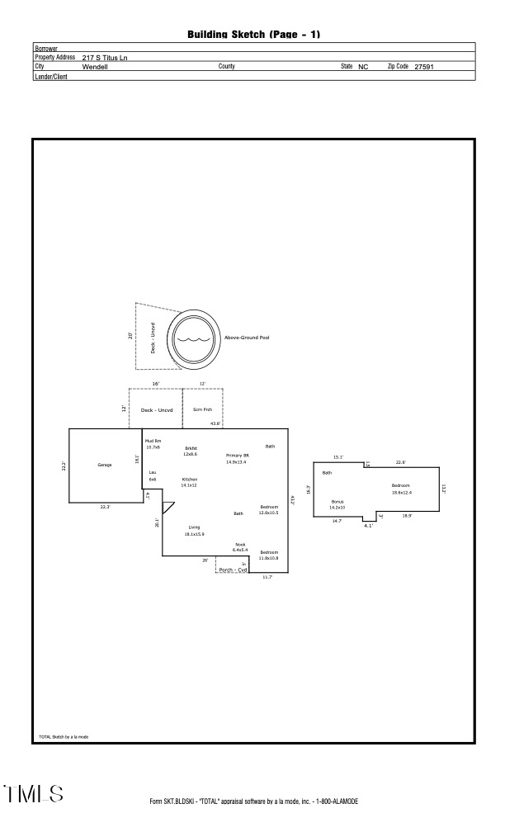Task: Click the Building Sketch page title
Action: click(253, 34)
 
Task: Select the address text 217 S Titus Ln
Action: click(105, 58)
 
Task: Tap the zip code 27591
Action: click(424, 66)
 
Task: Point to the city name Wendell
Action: click(95, 66)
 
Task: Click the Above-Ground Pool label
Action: click(247, 338)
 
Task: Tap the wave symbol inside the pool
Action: click(195, 338)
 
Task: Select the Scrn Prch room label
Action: click(202, 409)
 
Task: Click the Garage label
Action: click(105, 465)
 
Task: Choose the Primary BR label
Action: click(237, 456)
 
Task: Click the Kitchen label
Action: click(190, 479)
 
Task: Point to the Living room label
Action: click(195, 527)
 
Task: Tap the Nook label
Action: click(240, 544)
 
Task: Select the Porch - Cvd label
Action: click(233, 570)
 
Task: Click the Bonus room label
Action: click(337, 501)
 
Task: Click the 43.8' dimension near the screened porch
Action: click(215, 423)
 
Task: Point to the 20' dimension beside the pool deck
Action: click(130, 336)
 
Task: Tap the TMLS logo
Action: click(34, 794)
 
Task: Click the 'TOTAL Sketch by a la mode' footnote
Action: click(64, 736)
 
